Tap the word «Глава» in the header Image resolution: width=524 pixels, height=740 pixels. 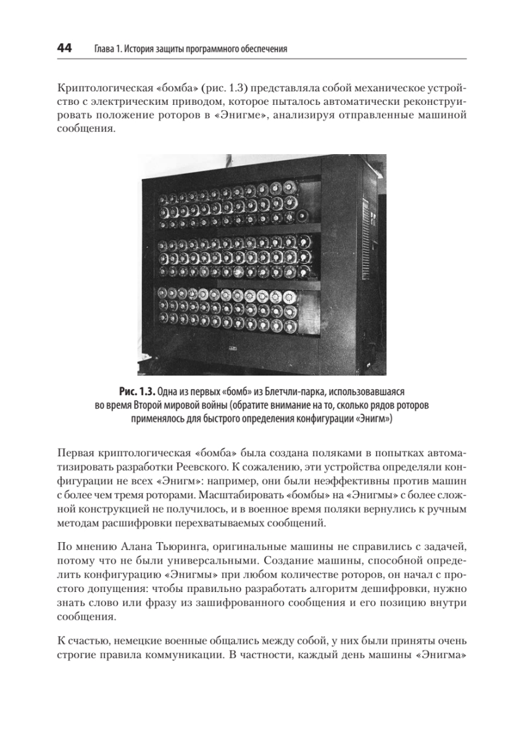(104, 49)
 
